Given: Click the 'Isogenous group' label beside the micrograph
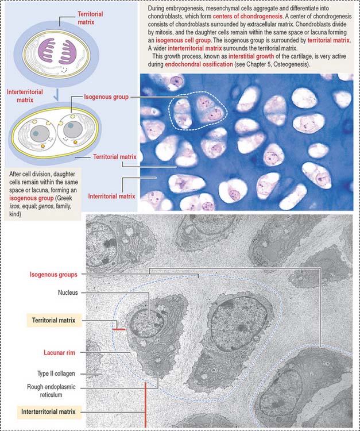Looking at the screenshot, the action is point(106,97).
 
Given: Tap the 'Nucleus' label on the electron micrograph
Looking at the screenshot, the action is point(68,293).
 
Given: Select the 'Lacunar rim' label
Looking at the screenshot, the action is point(59,352).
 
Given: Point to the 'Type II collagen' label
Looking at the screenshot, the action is point(56,374).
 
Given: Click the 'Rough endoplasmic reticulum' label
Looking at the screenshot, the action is point(51,391).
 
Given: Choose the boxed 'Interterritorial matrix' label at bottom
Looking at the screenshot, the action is point(48,411).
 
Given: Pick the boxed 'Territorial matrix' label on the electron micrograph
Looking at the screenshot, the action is point(53,320).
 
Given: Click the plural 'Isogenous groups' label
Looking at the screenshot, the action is point(53,274).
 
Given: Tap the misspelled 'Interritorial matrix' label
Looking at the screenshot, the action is point(111,197).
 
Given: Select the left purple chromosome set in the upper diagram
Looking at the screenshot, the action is point(47,51).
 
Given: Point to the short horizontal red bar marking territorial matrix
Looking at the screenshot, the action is point(119,329).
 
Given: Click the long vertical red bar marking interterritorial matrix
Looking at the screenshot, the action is point(145,404).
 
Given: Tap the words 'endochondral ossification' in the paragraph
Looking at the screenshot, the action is point(199,64).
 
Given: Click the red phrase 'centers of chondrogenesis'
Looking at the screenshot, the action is point(247,16).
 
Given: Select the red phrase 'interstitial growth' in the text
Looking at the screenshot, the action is point(251,56).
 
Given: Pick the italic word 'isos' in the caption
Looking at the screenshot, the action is point(13,206).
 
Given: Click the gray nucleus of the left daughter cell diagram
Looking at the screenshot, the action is point(40,133).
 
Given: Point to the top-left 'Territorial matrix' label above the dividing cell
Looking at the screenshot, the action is point(90,18).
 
